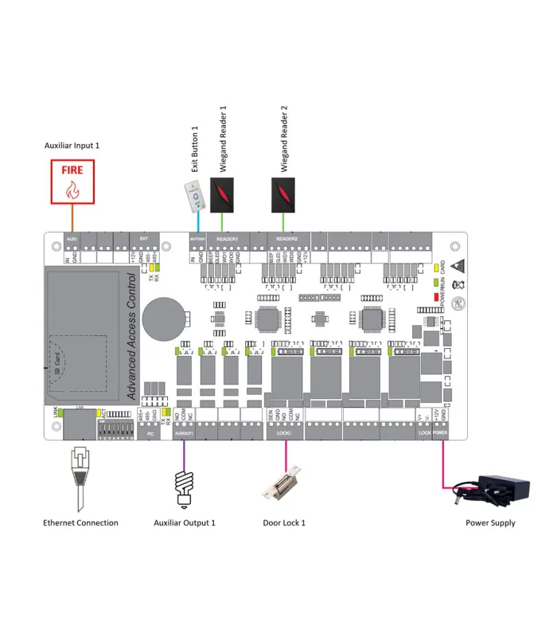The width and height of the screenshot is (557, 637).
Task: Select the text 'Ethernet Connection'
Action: pos(80,523)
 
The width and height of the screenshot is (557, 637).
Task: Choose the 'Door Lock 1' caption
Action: pos(284,523)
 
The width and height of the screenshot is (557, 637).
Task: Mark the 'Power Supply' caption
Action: pos(490,523)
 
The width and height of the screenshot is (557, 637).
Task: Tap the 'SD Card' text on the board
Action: pos(58,363)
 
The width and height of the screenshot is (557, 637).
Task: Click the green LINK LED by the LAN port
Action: pos(56,412)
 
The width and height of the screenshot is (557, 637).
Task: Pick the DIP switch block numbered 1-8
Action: pos(115,431)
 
